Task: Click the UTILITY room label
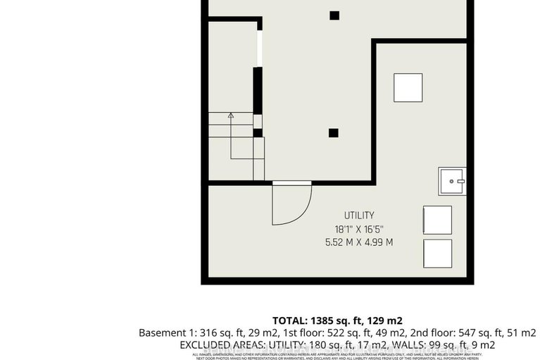coord(359,215)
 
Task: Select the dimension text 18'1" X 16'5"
coord(359,229)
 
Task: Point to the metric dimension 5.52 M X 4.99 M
coord(359,242)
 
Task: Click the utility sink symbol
coord(452,181)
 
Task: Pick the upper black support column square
coord(334,15)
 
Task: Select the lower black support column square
coord(333,132)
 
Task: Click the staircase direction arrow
coord(230,115)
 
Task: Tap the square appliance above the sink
coord(408,87)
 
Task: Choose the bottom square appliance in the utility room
coord(437,252)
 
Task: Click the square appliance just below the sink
coord(437,219)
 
